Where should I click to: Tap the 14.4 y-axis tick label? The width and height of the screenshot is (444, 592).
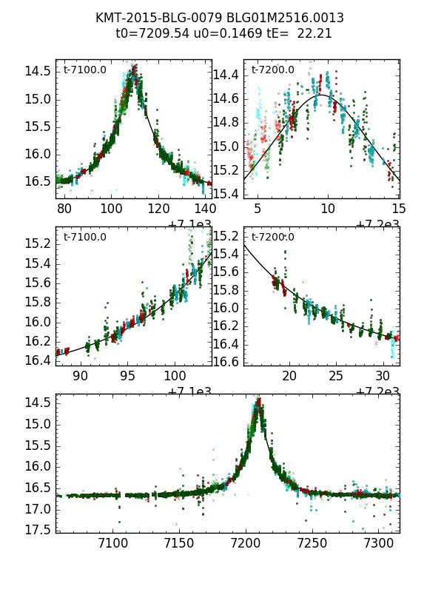(x=225, y=75)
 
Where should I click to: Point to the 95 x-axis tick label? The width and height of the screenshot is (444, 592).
(x=128, y=376)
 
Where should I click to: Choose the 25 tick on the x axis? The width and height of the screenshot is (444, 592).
(x=336, y=376)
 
